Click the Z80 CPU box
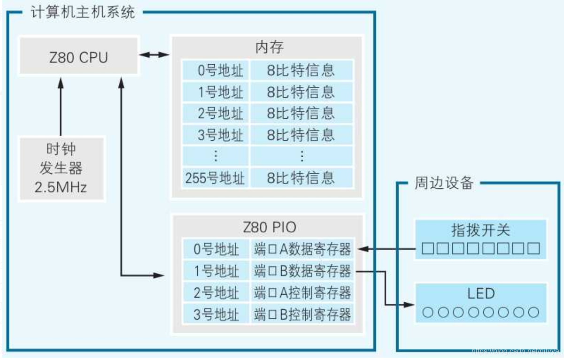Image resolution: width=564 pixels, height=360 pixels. click(x=78, y=57)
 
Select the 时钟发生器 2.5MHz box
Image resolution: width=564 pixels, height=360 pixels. click(x=61, y=169)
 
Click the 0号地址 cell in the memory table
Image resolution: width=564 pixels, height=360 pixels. click(x=216, y=70)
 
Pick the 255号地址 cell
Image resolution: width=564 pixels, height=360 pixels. click(x=216, y=178)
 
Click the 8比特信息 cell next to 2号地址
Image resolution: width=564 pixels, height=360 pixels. click(x=301, y=113)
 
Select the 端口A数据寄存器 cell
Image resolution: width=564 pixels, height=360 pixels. click(x=302, y=249)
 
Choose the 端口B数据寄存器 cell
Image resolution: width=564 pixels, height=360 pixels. click(x=302, y=271)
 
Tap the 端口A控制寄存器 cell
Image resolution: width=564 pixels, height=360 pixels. click(x=302, y=292)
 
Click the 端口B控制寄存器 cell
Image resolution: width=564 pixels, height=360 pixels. click(x=302, y=314)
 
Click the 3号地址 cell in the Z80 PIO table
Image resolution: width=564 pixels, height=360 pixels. click(x=216, y=314)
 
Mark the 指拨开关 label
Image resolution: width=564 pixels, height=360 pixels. click(x=480, y=230)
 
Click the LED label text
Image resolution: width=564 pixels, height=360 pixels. click(x=481, y=293)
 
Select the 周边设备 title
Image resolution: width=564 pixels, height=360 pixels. click(x=443, y=183)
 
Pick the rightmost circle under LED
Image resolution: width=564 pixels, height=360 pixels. click(x=533, y=312)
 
